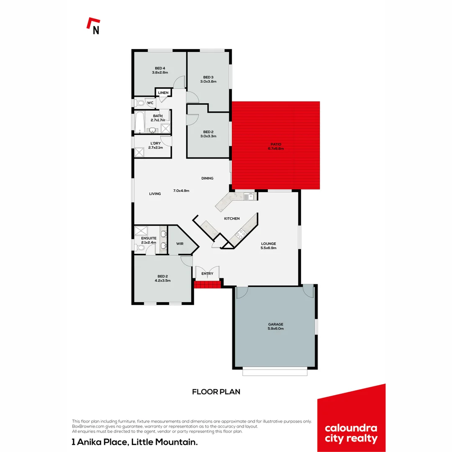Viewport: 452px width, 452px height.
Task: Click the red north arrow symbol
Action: click(x=93, y=24)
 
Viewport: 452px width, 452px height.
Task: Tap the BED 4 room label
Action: click(x=160, y=68)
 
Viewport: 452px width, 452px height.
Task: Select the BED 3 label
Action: click(x=208, y=77)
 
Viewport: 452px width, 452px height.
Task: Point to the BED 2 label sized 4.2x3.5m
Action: click(x=162, y=276)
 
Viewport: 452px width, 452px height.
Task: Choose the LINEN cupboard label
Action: click(x=163, y=92)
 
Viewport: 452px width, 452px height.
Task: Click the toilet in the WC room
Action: click(x=140, y=103)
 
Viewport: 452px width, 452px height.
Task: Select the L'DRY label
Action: click(x=155, y=143)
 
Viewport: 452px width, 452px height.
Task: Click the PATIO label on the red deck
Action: click(x=276, y=144)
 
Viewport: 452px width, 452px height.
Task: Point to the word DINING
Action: click(x=207, y=178)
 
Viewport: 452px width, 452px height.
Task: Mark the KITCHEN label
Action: click(x=232, y=219)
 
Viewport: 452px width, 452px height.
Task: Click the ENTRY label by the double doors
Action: click(x=207, y=274)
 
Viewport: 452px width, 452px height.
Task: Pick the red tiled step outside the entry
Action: click(x=207, y=285)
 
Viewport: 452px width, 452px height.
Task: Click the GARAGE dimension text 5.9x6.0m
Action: click(x=276, y=329)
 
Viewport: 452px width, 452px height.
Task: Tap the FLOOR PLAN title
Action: click(x=216, y=392)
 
